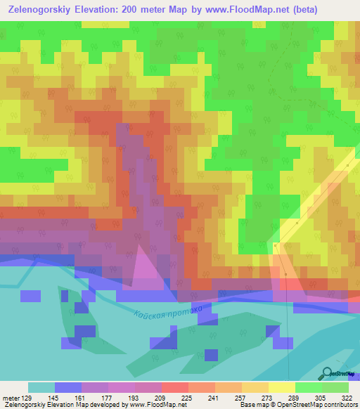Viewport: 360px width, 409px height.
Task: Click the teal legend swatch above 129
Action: click(x=41, y=387)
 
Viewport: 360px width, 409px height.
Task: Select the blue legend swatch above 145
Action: click(x=68, y=387)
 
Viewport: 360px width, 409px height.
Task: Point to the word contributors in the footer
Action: click(x=341, y=405)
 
